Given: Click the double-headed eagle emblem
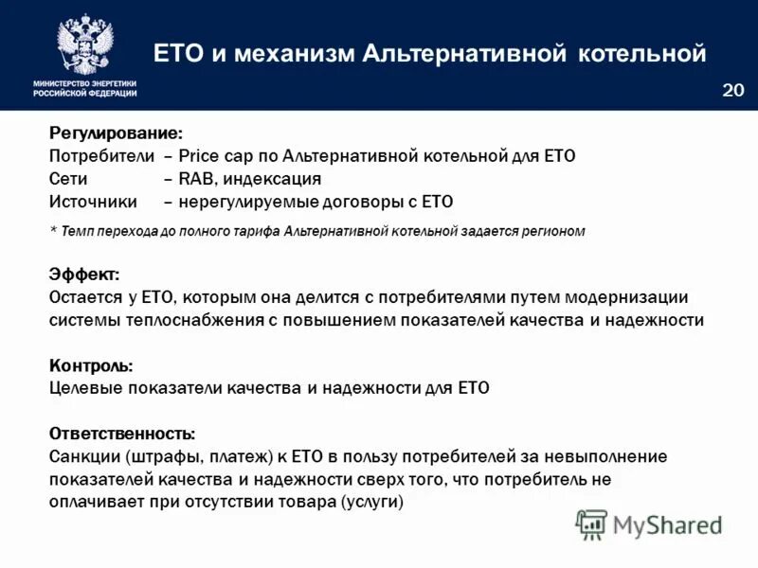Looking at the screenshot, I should [x=84, y=43].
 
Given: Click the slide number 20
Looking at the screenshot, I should [x=732, y=90].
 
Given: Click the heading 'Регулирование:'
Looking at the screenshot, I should [x=117, y=134].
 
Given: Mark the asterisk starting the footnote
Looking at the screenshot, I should [x=53, y=231].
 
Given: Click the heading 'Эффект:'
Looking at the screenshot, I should [x=83, y=275].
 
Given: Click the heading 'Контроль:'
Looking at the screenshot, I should [x=91, y=365].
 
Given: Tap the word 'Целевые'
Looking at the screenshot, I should [x=84, y=388].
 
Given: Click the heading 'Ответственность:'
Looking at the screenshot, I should [x=122, y=434].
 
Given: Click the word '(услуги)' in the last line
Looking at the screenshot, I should [x=371, y=502].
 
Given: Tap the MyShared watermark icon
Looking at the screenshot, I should [x=592, y=524].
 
